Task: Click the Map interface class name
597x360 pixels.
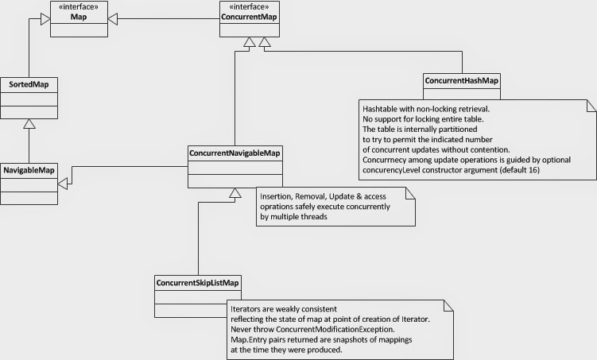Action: pyautogui.click(x=78, y=18)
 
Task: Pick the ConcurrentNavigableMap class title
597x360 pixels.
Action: pyautogui.click(x=236, y=152)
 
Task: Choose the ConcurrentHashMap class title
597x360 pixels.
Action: pyautogui.click(x=462, y=81)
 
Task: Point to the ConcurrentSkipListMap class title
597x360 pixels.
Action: pyautogui.click(x=198, y=282)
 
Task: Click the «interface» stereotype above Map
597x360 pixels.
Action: pyautogui.click(x=78, y=8)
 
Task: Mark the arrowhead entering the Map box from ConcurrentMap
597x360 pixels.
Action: pyautogui.click(x=114, y=16)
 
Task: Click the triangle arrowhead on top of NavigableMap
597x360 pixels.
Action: pyautogui.click(x=29, y=123)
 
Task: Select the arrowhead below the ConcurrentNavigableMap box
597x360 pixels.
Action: pyautogui.click(x=234, y=194)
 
